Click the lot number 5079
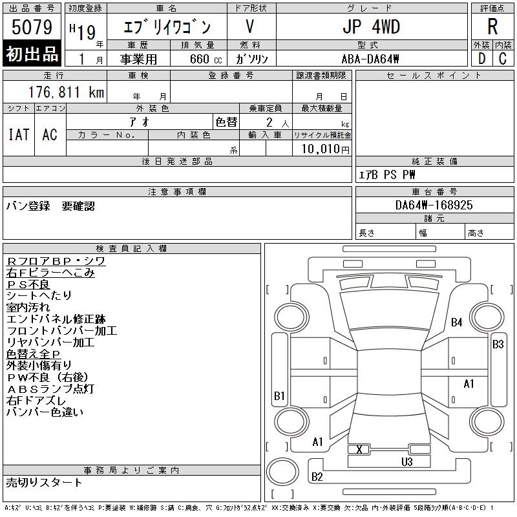[x=32, y=27]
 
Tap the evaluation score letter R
[x=492, y=27]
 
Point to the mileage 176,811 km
[x=67, y=92]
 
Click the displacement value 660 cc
[x=201, y=59]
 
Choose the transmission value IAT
[x=18, y=134]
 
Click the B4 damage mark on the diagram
[x=457, y=322]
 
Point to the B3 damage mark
[x=498, y=344]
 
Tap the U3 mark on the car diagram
[x=406, y=461]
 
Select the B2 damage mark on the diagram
[x=317, y=477]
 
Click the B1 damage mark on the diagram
[x=279, y=396]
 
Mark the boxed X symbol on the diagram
[x=359, y=449]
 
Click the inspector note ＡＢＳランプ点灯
[x=50, y=388]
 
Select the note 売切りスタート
[x=45, y=482]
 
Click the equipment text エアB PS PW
[x=387, y=174]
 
